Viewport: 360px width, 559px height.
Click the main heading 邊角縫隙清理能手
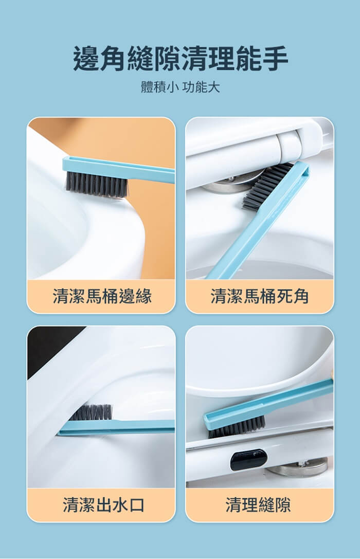point(181,59)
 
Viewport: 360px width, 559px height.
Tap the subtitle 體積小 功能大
point(181,87)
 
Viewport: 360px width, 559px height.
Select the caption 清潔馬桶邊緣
point(102,296)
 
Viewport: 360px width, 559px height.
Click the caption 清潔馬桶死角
point(260,296)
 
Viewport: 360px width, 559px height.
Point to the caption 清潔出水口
point(103,505)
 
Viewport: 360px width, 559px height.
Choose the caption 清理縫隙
point(258,505)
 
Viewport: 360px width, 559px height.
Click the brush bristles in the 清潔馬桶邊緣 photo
point(96,185)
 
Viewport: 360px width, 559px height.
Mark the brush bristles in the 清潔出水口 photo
point(91,412)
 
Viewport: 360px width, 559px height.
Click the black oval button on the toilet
point(248,460)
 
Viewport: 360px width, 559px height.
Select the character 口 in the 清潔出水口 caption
point(137,505)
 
